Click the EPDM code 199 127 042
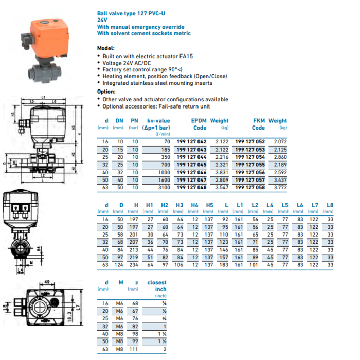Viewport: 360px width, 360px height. click(x=191, y=141)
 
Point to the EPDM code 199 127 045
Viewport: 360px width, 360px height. click(x=191, y=165)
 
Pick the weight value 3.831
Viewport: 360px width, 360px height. click(x=222, y=172)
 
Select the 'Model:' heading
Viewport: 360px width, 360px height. click(x=106, y=48)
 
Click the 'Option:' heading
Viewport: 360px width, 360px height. click(x=106, y=91)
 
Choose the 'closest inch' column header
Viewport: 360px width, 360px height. click(x=156, y=285)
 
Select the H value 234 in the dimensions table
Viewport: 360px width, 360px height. click(x=135, y=264)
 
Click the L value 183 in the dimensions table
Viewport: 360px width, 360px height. click(x=224, y=264)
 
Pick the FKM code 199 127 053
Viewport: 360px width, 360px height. click(x=250, y=149)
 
